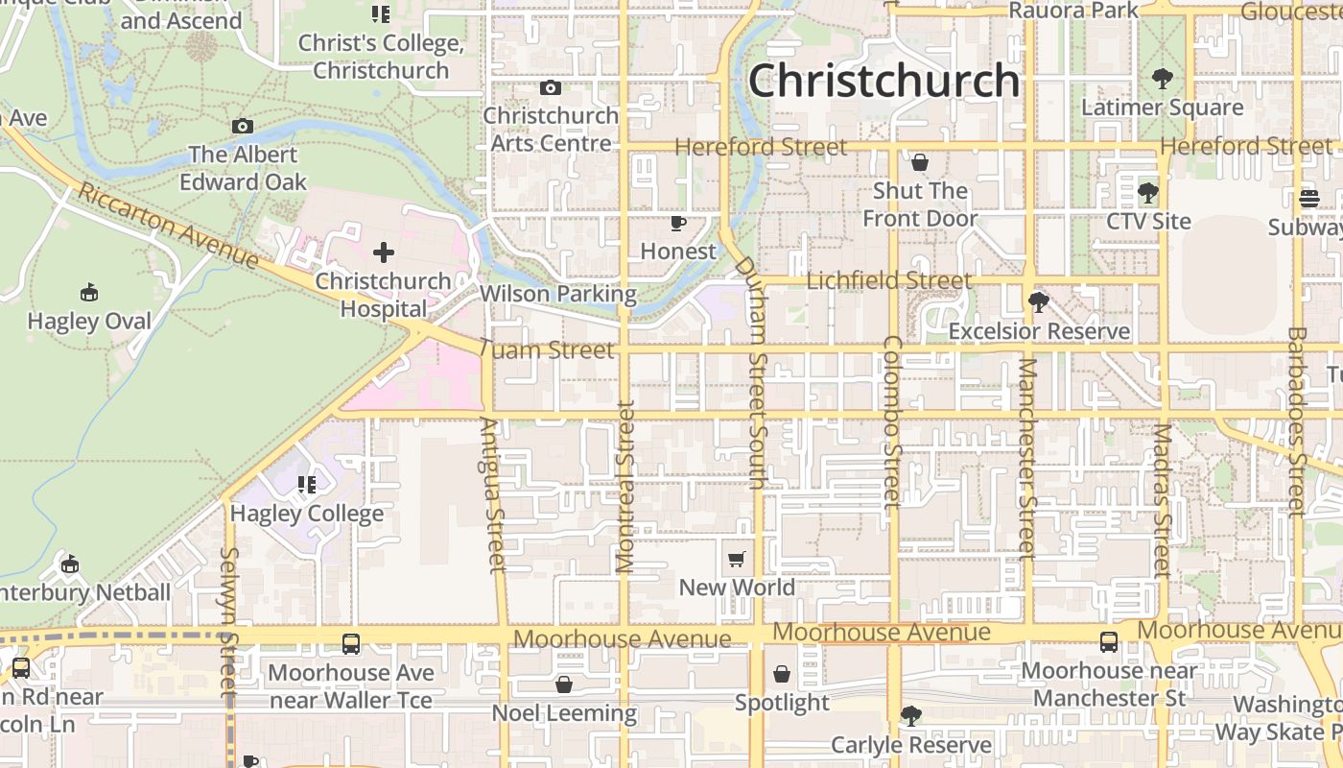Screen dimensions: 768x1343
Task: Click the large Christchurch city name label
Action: [884, 81]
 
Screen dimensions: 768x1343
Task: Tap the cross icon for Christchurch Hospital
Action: [384, 252]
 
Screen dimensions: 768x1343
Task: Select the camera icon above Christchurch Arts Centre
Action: [550, 88]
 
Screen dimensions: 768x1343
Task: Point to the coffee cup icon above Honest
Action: [678, 224]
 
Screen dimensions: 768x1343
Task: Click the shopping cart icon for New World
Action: [737, 559]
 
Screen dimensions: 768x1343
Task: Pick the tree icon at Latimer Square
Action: [1162, 79]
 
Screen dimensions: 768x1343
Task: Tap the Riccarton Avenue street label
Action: [168, 226]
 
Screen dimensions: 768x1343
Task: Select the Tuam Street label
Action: [546, 350]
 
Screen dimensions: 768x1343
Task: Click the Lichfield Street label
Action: [889, 280]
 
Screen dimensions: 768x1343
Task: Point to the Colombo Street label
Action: [892, 422]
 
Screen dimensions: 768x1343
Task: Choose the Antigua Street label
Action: [493, 494]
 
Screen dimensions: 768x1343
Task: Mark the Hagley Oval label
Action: [89, 321]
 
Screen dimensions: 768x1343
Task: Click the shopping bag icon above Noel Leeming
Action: [564, 684]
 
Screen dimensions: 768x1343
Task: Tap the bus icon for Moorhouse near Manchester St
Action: [1109, 642]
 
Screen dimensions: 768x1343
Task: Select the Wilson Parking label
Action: [558, 294]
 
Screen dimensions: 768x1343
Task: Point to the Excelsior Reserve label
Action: [1039, 331]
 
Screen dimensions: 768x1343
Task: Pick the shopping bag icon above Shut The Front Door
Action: [919, 162]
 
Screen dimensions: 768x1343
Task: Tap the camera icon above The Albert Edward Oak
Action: [243, 127]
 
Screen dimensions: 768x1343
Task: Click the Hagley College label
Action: [307, 514]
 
